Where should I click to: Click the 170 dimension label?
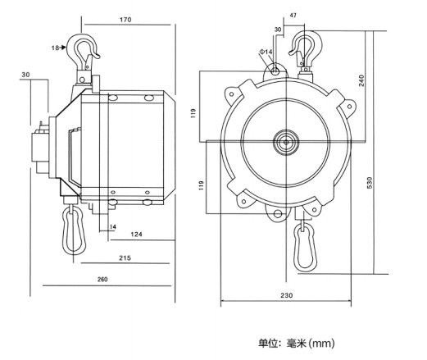[125, 20]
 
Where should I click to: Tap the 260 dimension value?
[102, 280]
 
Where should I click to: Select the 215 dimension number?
[125, 258]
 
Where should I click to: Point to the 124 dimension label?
[136, 235]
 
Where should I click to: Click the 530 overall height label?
[370, 183]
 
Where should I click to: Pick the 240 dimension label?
[361, 80]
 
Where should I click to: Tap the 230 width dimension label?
[286, 295]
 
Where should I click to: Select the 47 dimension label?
[293, 16]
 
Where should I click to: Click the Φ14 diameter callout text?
[266, 52]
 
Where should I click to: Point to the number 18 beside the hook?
[55, 48]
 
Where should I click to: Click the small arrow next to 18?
[62, 48]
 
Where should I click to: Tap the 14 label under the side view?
[113, 226]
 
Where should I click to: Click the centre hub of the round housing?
[286, 142]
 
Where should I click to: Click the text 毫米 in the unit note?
[296, 343]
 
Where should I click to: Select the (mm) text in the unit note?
[321, 343]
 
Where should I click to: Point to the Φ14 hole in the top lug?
[275, 71]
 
